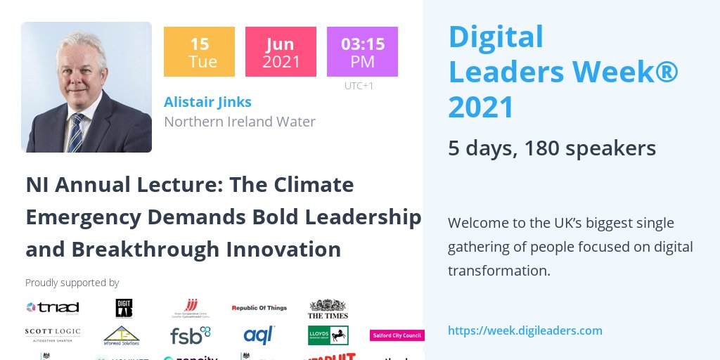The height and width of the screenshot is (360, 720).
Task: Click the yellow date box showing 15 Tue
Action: click(x=199, y=52)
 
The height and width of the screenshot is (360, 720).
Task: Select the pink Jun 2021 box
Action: click(x=281, y=52)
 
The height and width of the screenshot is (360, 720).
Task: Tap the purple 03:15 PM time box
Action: click(x=362, y=52)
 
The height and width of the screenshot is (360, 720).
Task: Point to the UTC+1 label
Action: click(x=359, y=86)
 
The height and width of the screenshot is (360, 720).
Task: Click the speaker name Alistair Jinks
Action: click(x=207, y=102)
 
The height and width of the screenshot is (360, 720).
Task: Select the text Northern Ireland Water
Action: click(x=240, y=122)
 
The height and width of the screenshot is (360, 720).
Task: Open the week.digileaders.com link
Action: click(x=525, y=330)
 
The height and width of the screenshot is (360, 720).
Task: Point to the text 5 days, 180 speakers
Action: click(x=552, y=148)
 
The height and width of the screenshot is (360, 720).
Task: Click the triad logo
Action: click(x=53, y=307)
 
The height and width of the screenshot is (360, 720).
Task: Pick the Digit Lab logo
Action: click(x=124, y=308)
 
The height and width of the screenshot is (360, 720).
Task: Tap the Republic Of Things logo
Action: click(x=259, y=308)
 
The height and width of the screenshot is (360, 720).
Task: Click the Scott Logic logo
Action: click(x=53, y=333)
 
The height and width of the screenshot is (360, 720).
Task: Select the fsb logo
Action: click(x=190, y=335)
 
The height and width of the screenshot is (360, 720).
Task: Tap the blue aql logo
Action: click(x=259, y=335)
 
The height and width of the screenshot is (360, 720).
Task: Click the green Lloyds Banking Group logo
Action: click(x=328, y=335)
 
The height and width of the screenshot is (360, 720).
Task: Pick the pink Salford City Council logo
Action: click(x=397, y=335)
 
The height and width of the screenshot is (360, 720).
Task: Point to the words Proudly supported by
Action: click(x=72, y=283)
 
